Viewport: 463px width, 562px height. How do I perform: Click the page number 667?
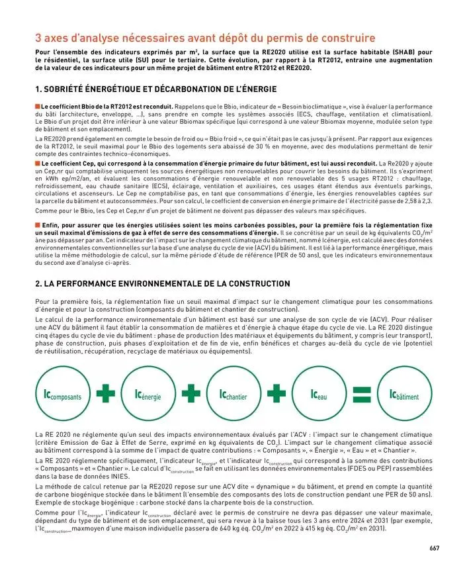(434, 547)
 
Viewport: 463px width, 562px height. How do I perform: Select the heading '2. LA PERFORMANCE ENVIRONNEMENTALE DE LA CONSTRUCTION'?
(162, 283)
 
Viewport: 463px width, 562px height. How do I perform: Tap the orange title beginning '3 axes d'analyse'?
(204, 38)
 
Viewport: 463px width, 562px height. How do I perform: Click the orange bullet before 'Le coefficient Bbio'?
(37, 106)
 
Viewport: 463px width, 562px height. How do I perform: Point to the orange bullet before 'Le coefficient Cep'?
(37, 163)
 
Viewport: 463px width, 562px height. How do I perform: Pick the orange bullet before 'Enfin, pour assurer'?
(37, 226)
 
